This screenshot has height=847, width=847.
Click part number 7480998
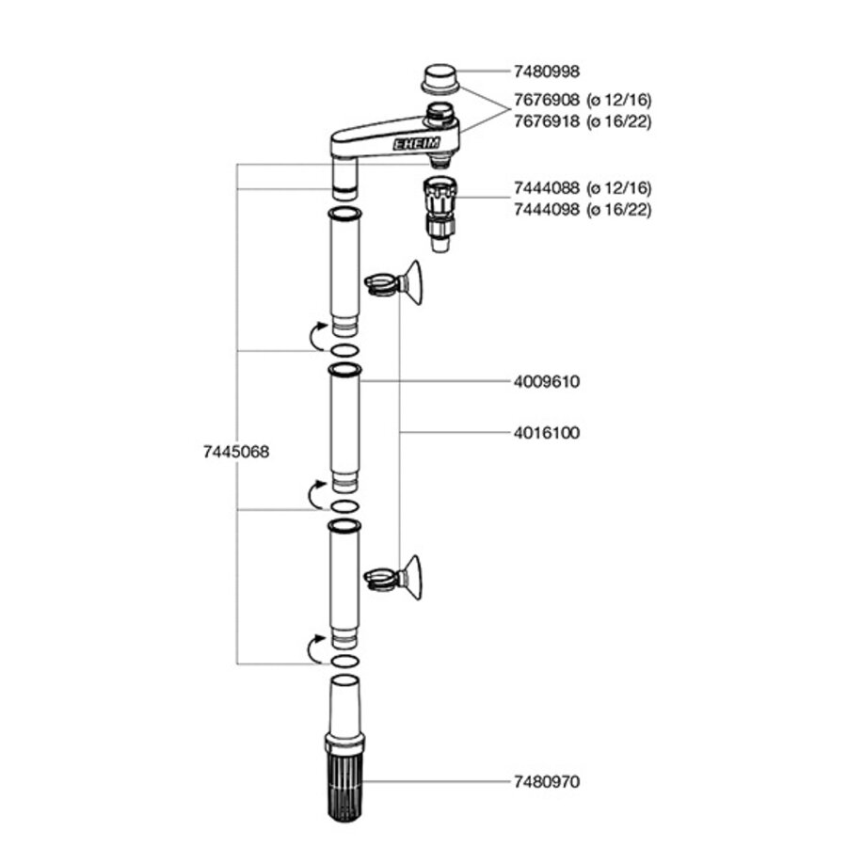(x=546, y=72)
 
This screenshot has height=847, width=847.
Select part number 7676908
(x=546, y=99)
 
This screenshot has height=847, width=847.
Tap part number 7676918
(x=546, y=120)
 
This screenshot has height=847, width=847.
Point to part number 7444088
(x=546, y=187)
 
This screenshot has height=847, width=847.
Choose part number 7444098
(x=546, y=208)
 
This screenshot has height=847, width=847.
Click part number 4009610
(x=546, y=382)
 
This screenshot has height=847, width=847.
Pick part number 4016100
(x=546, y=433)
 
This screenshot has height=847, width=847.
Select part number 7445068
(x=236, y=451)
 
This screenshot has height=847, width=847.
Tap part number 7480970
(x=546, y=781)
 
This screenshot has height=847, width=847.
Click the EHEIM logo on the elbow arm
(x=410, y=145)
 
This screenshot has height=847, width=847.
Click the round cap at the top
(x=439, y=77)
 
